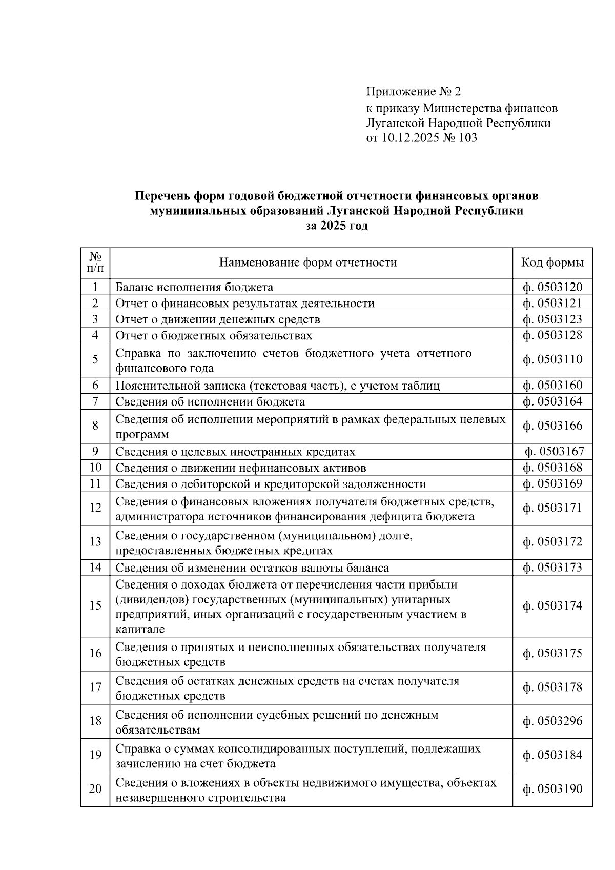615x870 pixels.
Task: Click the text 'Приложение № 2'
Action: [413, 92]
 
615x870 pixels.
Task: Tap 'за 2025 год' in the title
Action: [337, 226]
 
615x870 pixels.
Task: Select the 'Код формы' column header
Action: [552, 263]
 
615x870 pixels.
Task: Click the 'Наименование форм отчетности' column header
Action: [308, 263]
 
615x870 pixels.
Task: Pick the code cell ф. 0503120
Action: [552, 287]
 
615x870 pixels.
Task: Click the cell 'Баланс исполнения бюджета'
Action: [194, 287]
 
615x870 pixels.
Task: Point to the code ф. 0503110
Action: [552, 359]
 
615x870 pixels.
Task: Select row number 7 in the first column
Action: [95, 401]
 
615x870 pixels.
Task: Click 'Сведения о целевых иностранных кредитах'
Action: [235, 452]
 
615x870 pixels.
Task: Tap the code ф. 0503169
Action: [552, 483]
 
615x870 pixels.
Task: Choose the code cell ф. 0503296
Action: [552, 721]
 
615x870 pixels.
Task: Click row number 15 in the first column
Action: [95, 606]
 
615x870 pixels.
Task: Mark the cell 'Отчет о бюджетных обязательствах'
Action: [214, 335]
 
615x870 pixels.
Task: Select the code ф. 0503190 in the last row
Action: [552, 789]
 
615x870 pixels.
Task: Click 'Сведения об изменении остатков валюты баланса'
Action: [252, 568]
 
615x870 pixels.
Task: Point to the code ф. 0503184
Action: [552, 755]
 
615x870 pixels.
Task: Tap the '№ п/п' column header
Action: [95, 262]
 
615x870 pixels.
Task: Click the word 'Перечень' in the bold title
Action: [161, 196]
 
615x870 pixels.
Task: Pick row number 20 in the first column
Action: [95, 789]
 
